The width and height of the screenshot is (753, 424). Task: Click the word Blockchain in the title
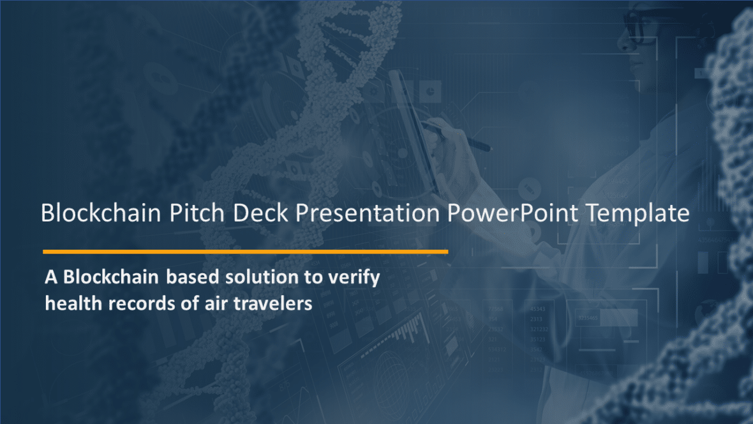101,213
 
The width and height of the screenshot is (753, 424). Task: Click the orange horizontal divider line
245,252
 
